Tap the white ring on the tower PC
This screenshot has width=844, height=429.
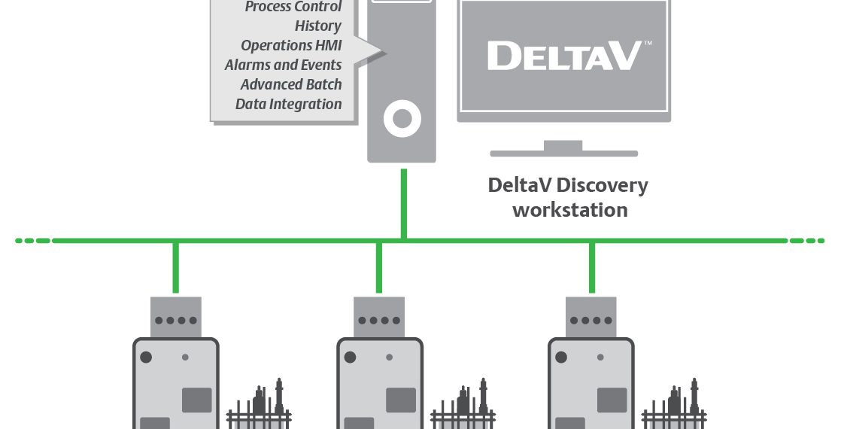402,119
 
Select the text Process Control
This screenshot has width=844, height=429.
293,7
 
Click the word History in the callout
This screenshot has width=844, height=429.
317,26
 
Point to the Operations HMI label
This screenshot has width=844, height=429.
291,45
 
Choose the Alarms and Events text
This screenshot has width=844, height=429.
283,65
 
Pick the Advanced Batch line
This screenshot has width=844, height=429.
291,84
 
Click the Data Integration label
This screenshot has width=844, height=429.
288,104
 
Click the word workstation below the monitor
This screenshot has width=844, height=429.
569,210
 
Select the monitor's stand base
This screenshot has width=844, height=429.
563,153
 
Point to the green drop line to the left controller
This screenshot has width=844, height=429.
175,266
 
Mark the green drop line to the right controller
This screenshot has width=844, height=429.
592,266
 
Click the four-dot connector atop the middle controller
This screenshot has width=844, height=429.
379,319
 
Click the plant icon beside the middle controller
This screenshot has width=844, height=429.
462,406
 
